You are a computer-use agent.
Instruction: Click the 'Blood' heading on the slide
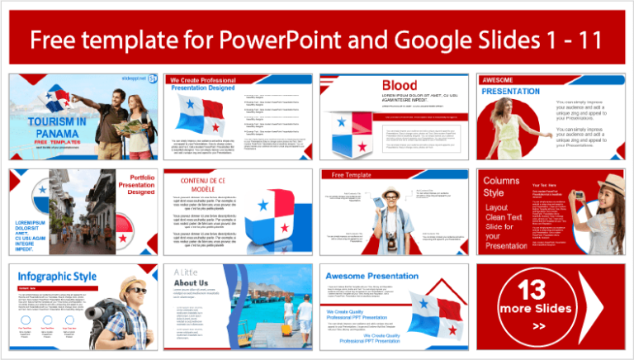[x=399, y=85]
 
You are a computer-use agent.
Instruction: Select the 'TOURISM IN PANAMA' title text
[x=57, y=127]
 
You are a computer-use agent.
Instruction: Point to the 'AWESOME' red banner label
[x=497, y=79]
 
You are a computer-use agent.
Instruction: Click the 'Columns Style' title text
[x=501, y=187]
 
